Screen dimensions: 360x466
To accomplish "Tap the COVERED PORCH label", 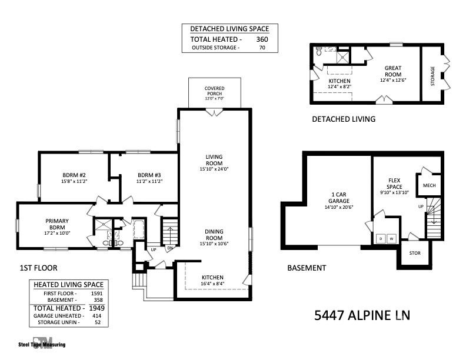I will click(214, 91).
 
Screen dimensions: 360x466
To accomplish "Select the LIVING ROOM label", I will click(214, 159).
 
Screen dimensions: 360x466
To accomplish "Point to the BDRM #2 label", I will click(74, 175).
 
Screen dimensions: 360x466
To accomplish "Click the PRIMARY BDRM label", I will click(57, 224).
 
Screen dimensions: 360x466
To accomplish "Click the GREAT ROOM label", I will click(393, 71).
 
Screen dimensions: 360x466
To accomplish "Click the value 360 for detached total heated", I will click(262, 39).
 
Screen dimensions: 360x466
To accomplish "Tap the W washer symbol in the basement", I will click(390, 239).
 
